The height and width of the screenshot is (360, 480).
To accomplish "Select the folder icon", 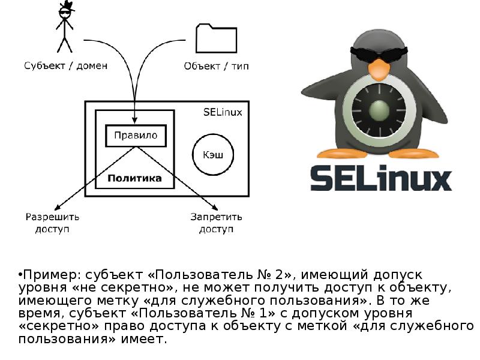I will click(212, 38).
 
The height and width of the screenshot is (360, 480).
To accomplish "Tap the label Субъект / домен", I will click(66, 66).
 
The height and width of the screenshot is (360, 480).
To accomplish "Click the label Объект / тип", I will click(216, 66).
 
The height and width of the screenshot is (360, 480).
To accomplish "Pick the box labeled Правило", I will click(136, 136).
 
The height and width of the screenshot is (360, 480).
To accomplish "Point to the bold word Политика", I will click(135, 178).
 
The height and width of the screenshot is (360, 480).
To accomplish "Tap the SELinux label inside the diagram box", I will click(223, 112).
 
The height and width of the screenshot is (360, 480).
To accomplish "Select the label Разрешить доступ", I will click(52, 223).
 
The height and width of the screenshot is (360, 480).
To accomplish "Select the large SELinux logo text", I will click(380, 178).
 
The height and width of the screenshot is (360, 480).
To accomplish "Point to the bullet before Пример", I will click(20, 274).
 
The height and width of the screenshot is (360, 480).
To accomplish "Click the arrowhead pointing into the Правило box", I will click(136, 122).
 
